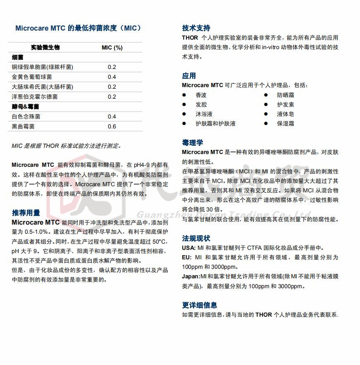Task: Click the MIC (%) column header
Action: point(112,47)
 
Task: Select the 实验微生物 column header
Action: point(45,47)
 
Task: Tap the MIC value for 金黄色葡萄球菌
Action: point(112,77)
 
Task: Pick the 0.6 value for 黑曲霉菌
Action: point(112,126)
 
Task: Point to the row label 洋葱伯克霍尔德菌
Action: point(35,97)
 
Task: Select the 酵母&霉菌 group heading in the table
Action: point(26,107)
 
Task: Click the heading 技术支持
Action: point(196,28)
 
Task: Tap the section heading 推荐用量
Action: point(26,213)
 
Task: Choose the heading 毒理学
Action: point(193,143)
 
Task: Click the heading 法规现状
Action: point(196,238)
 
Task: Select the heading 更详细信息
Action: point(199,305)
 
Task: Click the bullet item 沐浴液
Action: point(204,114)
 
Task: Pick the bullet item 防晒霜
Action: point(285,95)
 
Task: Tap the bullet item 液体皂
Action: point(285,114)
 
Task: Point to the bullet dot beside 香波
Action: point(184,95)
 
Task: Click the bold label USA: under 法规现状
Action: point(188,248)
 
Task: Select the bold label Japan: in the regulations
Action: point(191,277)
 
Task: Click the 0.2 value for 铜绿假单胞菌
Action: point(112,67)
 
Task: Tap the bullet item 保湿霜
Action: point(285,123)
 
